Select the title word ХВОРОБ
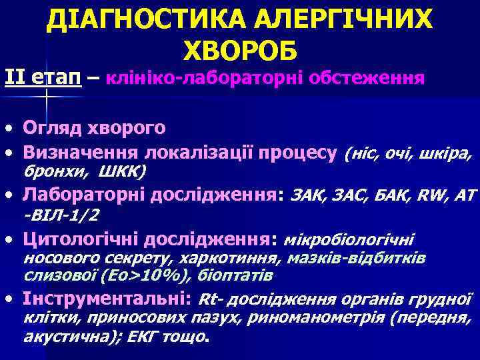point(239,50)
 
